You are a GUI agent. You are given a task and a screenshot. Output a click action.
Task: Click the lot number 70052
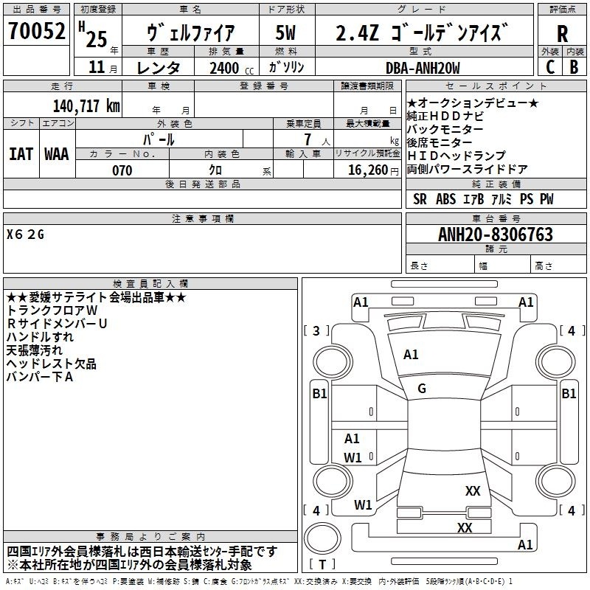[37, 31]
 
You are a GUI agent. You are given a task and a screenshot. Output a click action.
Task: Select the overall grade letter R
[562, 34]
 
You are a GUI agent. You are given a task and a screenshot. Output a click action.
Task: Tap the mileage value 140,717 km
[86, 105]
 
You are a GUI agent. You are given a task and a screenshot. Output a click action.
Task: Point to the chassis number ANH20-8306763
[496, 235]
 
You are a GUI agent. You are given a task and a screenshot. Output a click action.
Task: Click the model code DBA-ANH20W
[423, 68]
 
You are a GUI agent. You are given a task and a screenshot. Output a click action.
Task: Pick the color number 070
[122, 170]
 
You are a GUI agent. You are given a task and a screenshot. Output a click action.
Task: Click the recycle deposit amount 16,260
[368, 170]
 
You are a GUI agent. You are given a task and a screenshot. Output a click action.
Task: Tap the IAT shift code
[21, 154]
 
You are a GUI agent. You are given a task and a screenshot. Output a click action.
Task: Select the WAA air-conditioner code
[57, 154]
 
